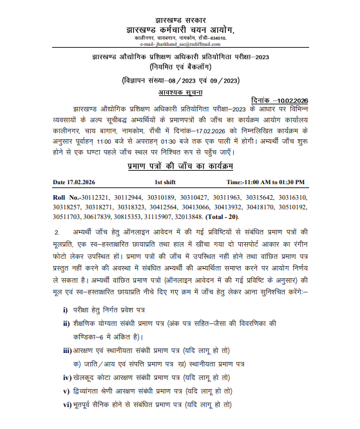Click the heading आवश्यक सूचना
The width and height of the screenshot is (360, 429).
click(180, 92)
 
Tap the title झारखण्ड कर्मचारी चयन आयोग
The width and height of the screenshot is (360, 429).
click(180, 30)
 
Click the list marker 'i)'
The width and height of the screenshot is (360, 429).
click(66, 310)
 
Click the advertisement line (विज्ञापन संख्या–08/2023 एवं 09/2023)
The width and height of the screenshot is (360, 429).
click(180, 79)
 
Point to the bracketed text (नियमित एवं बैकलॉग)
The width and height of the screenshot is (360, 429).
click(180, 67)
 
